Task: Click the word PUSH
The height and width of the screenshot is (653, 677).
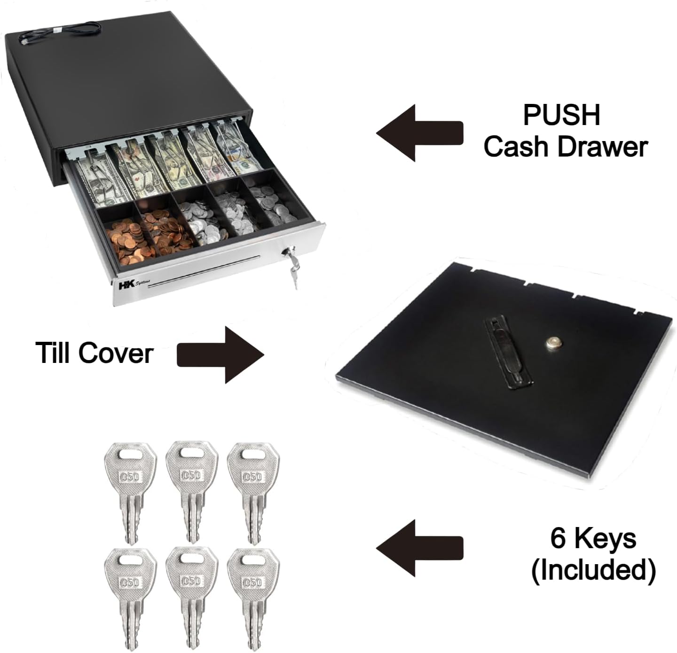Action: (x=562, y=115)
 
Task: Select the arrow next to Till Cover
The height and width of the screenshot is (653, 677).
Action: (x=220, y=355)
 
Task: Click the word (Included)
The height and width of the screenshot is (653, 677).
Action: (x=593, y=570)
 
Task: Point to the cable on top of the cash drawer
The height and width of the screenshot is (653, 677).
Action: (x=61, y=36)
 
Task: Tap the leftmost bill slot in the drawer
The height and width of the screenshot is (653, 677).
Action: (x=94, y=176)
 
